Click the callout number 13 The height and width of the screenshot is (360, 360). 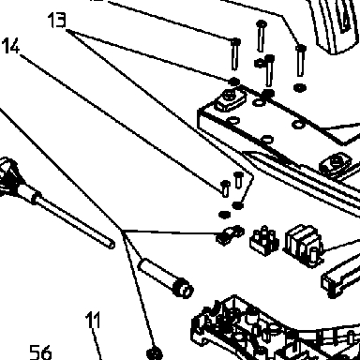point(57,20)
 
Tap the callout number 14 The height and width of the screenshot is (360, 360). point(10,46)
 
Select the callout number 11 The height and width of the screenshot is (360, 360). point(93,320)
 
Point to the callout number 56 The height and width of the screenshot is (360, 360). point(40,352)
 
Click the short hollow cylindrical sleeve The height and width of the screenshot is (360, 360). point(166,277)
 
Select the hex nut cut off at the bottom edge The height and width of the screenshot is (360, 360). point(155,354)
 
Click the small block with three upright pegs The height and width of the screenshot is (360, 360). point(264,240)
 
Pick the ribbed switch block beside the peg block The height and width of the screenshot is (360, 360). point(303,246)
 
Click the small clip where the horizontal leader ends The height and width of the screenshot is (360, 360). point(230,235)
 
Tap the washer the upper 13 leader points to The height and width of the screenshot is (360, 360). point(233,82)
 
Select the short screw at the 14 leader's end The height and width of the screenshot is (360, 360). point(226,188)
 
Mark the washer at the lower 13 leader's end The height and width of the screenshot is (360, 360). point(238,205)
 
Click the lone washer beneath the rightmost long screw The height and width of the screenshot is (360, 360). point(300,87)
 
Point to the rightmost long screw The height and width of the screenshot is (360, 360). point(301,60)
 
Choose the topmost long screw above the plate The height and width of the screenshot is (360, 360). point(262,36)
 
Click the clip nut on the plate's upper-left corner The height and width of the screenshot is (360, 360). point(231,98)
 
